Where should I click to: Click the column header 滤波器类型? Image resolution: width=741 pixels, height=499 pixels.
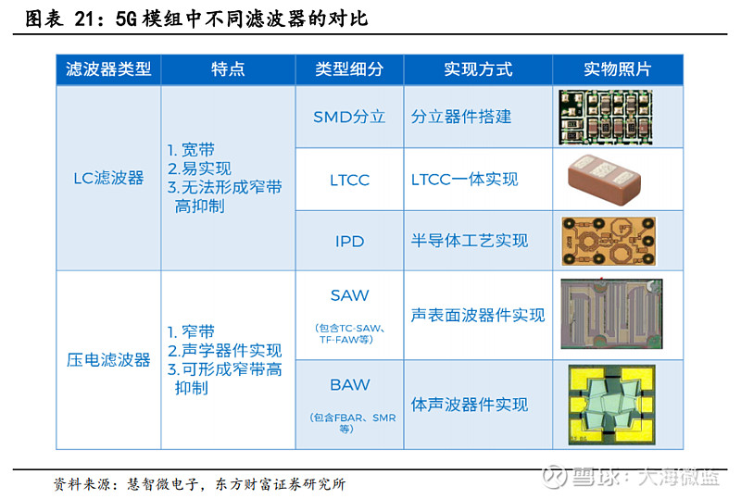(108, 69)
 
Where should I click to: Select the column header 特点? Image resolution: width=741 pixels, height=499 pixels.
(228, 69)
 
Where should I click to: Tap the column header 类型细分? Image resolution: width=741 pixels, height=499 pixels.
(349, 69)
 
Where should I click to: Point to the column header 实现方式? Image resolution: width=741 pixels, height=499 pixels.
(478, 69)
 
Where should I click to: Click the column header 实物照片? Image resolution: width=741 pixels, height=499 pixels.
(617, 69)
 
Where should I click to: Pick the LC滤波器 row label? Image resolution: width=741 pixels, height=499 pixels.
(108, 178)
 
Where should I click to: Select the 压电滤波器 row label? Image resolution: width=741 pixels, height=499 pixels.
(108, 360)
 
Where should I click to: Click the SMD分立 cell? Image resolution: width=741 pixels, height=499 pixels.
(349, 117)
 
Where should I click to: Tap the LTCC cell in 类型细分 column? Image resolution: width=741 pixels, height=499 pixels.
(349, 180)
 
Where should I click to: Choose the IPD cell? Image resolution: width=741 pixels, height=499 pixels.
(349, 242)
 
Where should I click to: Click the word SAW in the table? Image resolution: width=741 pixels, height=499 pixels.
(349, 295)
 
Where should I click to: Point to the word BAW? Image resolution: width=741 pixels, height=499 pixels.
(349, 384)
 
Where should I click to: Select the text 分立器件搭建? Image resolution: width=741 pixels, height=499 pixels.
(460, 117)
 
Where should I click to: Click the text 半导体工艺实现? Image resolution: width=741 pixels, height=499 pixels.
(470, 241)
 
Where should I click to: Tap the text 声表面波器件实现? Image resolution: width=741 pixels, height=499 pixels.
(478, 315)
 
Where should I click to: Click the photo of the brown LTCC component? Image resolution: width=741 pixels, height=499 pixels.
(605, 180)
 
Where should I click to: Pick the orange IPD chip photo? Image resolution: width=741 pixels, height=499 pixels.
(609, 241)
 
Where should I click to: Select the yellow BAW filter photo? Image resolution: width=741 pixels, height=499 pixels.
(612, 405)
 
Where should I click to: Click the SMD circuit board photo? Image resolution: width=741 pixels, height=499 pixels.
(606, 118)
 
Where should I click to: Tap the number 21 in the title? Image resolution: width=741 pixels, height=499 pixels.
(86, 19)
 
